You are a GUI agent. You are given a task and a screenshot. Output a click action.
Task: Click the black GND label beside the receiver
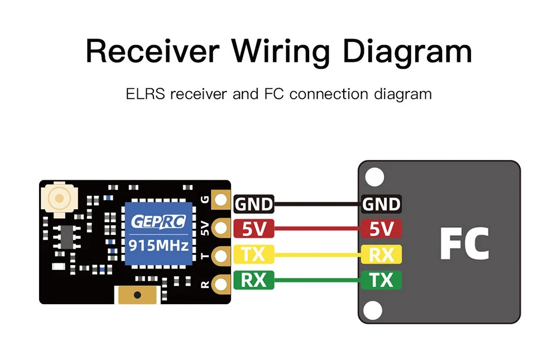tap(254, 204)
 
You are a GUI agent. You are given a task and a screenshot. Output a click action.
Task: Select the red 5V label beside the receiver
tap(254, 229)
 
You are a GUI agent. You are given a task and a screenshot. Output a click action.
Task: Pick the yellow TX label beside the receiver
tap(254, 255)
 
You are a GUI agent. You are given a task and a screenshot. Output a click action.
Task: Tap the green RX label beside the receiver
tap(254, 280)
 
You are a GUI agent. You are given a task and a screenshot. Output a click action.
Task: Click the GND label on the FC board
tap(381, 204)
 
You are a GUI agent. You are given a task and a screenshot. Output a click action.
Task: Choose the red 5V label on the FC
tap(381, 229)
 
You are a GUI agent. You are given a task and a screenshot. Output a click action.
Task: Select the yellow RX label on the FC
tap(381, 255)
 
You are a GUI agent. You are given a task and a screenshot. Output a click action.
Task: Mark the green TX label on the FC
tap(381, 280)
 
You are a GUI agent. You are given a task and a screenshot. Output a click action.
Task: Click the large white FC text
tap(464, 244)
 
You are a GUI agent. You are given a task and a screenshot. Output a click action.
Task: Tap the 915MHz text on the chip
tap(159, 244)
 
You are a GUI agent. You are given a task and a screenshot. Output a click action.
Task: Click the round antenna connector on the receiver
tap(57, 198)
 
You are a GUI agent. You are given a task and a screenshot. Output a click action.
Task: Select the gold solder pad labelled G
tap(222, 200)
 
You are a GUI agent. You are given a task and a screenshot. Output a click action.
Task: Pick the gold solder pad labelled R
tap(222, 285)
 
